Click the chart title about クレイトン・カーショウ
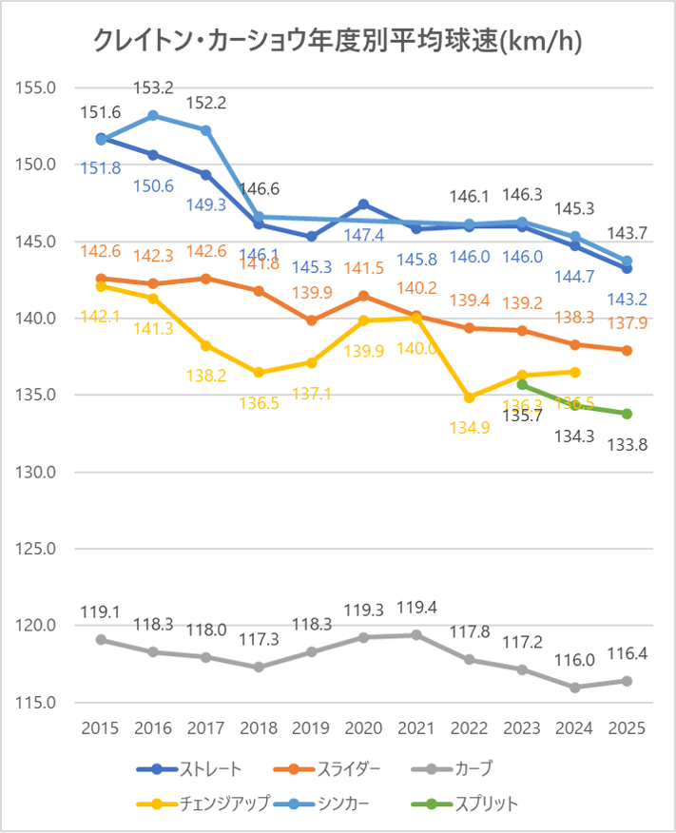pos(338,40)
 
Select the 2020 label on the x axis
pos(363,728)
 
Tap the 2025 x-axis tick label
pos(627,728)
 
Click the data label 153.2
pos(153,88)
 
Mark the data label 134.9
pos(469,427)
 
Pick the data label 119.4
pos(416,608)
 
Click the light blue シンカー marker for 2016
pos(153,115)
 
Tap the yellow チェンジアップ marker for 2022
pos(469,397)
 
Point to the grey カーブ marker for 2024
pos(574,688)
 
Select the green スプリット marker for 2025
pos(627,414)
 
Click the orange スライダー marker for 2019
pos(311,320)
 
